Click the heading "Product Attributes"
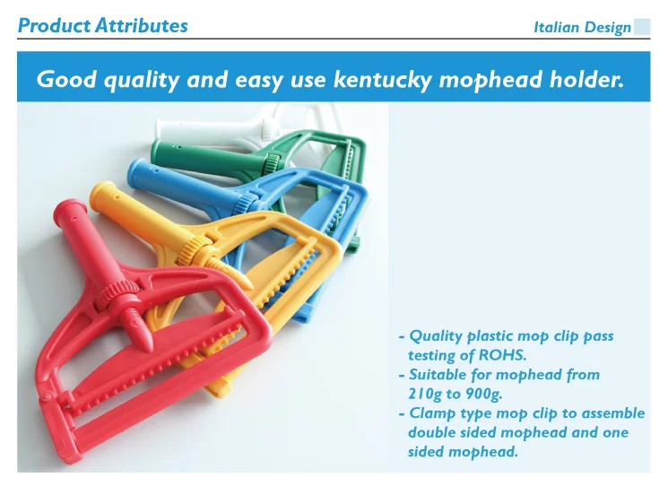(103, 26)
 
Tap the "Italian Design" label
(582, 28)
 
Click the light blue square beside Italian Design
(642, 27)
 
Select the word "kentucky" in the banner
(382, 80)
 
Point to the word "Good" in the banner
(66, 80)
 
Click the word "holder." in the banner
(586, 80)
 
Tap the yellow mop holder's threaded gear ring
(194, 250)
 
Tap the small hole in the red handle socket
(74, 220)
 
